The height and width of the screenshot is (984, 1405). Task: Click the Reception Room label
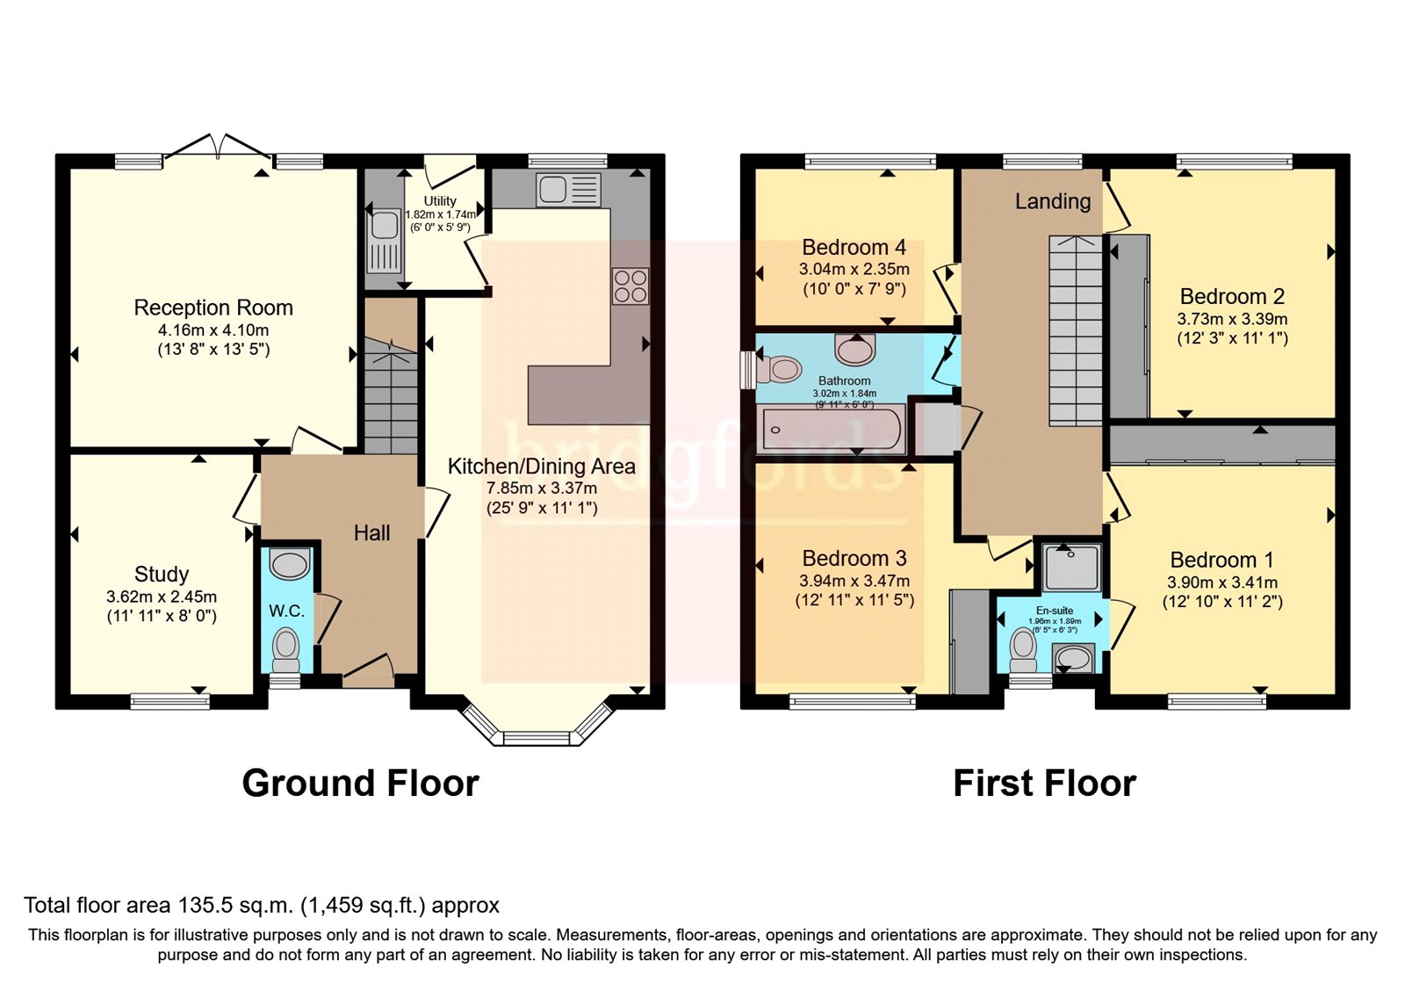[213, 307]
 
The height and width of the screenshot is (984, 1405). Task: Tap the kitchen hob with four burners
[630, 286]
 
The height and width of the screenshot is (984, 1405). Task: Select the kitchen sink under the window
[568, 190]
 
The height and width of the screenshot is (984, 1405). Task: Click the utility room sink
[385, 240]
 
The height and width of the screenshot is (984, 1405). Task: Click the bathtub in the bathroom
[830, 430]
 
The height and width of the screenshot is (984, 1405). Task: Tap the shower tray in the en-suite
[1071, 567]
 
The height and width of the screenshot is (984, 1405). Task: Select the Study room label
[162, 574]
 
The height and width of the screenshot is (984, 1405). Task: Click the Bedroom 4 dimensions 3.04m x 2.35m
[854, 270]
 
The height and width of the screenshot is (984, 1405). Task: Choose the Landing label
[1053, 201]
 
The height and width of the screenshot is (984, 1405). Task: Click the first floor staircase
[1076, 330]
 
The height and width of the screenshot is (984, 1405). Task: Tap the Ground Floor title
[360, 783]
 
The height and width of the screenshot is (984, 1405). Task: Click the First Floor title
[1044, 783]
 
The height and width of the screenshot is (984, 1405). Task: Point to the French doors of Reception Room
[219, 148]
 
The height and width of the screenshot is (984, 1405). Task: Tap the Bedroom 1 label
[1221, 560]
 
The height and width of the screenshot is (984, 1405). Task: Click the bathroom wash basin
[855, 350]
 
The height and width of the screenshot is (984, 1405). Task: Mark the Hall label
[371, 532]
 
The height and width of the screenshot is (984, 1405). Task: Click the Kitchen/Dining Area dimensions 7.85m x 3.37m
[542, 488]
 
